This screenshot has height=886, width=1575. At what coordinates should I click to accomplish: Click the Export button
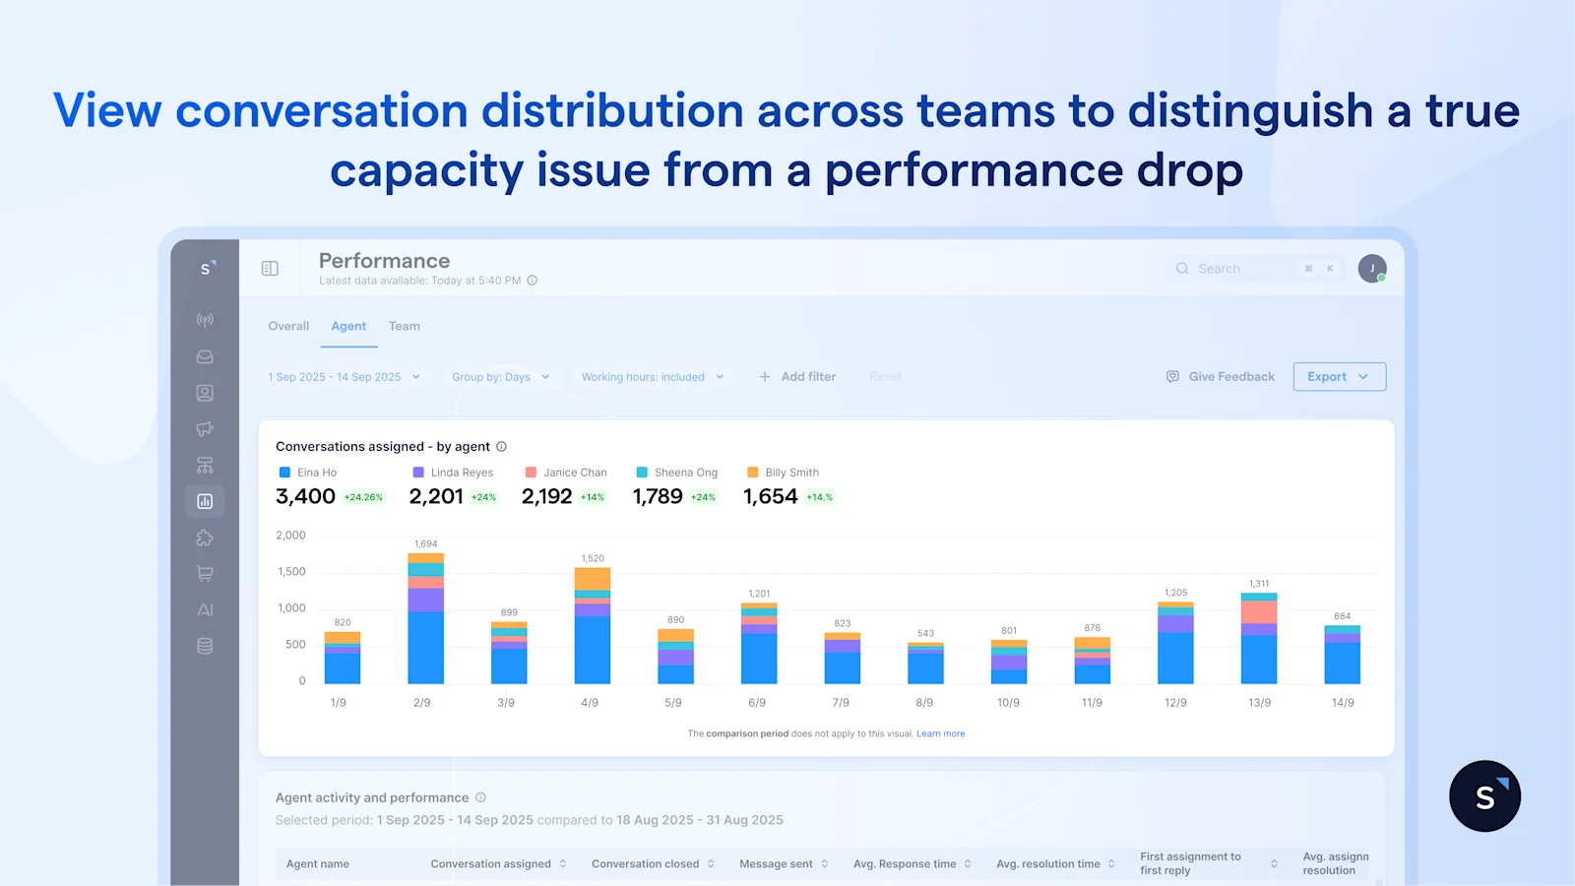click(1338, 377)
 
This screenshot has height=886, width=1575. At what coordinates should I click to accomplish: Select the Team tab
click(404, 327)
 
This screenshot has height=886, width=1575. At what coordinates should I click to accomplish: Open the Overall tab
click(288, 327)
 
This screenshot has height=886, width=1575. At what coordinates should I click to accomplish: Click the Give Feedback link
click(1221, 377)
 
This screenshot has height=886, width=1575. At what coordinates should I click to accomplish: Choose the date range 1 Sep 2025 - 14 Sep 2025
click(344, 377)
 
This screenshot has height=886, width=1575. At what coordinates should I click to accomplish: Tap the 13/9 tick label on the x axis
click(1259, 703)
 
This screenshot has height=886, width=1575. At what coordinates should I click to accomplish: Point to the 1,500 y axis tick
click(291, 572)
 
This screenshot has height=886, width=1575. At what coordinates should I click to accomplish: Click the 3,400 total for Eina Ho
click(306, 497)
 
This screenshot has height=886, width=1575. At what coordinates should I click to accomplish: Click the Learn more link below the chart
click(940, 734)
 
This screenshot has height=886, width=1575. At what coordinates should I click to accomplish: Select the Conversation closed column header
click(645, 864)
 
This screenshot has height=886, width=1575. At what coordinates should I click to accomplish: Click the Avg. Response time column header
click(904, 864)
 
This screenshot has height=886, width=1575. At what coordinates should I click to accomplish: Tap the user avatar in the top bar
click(1371, 269)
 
